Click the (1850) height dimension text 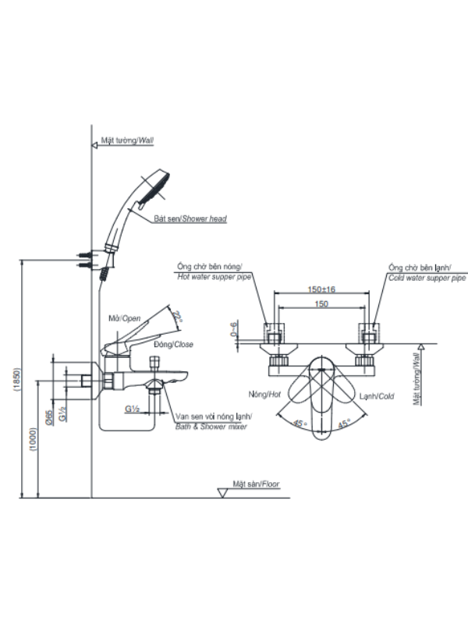(x=16, y=381)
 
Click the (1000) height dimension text (x=34, y=440)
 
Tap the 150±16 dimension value (x=321, y=289)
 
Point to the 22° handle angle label (x=178, y=317)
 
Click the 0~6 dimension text (x=233, y=329)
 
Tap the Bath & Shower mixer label (x=211, y=427)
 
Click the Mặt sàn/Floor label (x=256, y=484)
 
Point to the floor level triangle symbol (x=222, y=493)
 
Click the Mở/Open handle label (x=125, y=318)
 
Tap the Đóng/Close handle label (x=173, y=344)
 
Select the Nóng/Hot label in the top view (x=264, y=395)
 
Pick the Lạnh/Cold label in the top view (x=377, y=396)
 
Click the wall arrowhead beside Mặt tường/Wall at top (x=94, y=145)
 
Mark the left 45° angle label (x=300, y=424)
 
